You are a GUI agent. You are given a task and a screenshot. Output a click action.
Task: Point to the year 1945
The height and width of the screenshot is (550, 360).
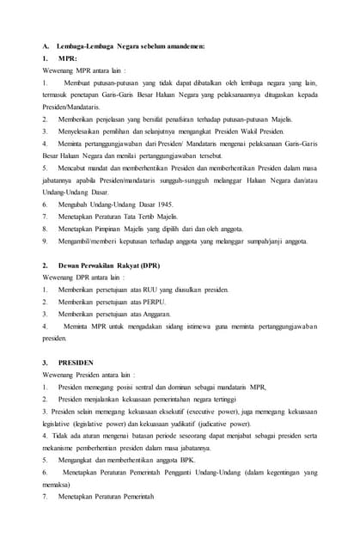tap(161, 205)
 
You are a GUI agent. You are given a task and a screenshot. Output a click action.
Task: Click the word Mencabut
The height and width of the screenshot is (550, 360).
tap(76, 168)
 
